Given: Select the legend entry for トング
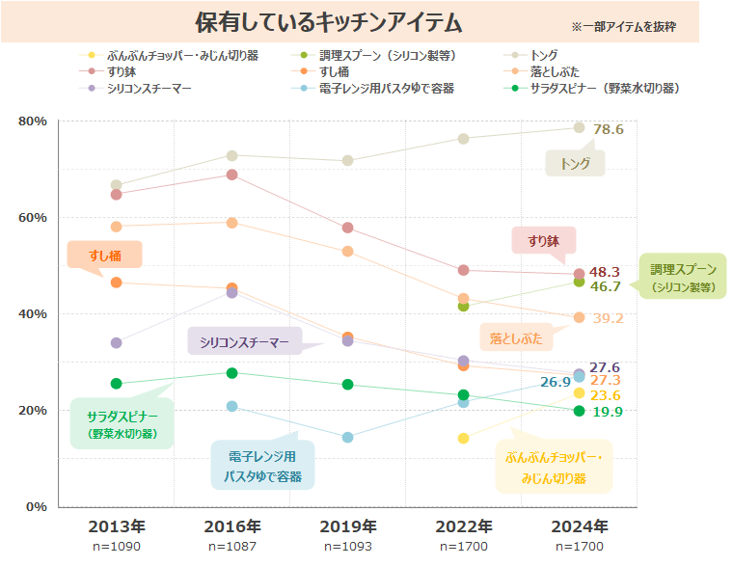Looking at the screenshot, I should click(x=544, y=55).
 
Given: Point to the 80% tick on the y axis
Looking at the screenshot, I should click(x=33, y=121).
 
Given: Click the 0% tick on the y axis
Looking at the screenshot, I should click(x=37, y=506).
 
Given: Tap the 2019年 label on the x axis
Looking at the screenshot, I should click(x=348, y=526).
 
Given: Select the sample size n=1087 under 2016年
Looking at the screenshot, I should click(x=232, y=547).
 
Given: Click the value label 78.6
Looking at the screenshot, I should click(x=609, y=129).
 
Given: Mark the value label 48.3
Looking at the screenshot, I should click(x=605, y=272).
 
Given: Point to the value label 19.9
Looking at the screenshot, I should click(x=607, y=412).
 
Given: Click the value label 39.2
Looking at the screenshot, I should click(x=609, y=318).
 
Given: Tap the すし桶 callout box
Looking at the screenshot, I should click(x=104, y=255).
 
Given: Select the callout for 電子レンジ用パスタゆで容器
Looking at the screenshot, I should click(x=263, y=465).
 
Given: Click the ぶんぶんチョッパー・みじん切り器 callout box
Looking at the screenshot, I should click(x=554, y=468).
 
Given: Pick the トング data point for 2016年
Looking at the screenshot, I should click(x=232, y=155).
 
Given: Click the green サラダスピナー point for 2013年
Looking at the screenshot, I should click(x=117, y=384).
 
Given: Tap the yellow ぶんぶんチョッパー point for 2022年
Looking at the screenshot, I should click(x=464, y=438).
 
